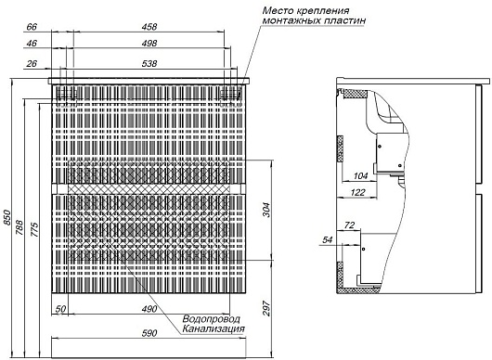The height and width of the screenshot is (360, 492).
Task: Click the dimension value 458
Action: (x=149, y=27)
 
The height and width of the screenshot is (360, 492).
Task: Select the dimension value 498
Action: (x=149, y=44)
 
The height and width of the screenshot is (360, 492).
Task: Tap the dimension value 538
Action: (x=149, y=64)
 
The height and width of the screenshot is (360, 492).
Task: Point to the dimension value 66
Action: (x=32, y=27)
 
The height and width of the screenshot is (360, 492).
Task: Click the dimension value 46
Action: (x=32, y=44)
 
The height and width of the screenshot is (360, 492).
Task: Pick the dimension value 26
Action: (x=32, y=64)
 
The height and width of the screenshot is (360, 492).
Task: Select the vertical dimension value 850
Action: (x=7, y=217)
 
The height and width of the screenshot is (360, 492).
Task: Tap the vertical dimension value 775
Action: (x=34, y=229)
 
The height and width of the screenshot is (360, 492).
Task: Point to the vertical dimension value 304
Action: (x=265, y=210)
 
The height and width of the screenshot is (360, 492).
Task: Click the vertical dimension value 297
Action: (x=266, y=308)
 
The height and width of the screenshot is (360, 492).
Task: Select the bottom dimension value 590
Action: (x=149, y=333)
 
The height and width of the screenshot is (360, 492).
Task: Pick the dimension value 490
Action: (x=149, y=309)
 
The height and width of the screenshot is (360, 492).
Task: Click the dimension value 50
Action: (x=60, y=309)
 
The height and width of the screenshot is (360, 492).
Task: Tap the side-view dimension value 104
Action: (x=360, y=176)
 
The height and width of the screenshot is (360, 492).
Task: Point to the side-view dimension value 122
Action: (x=358, y=192)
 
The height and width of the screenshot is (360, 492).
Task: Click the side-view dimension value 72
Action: (x=349, y=225)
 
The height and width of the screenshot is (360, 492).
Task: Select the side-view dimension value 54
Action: (x=328, y=240)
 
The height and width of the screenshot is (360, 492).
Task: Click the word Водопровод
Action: (x=211, y=319)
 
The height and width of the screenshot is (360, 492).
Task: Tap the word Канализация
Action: (x=214, y=329)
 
